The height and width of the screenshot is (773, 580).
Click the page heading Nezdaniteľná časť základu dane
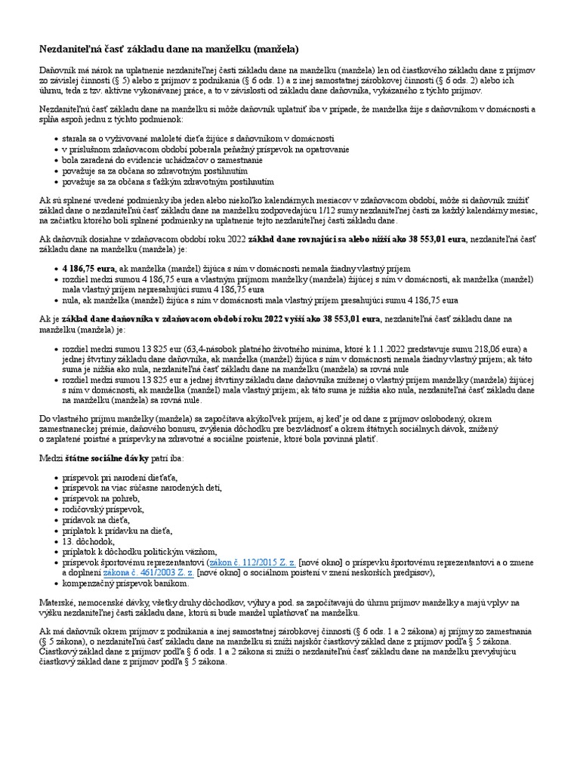tap(169, 49)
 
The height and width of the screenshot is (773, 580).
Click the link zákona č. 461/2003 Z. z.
tap(159, 573)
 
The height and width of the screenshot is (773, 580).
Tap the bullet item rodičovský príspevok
tap(102, 510)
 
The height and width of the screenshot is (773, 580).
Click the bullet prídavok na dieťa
tap(97, 520)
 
